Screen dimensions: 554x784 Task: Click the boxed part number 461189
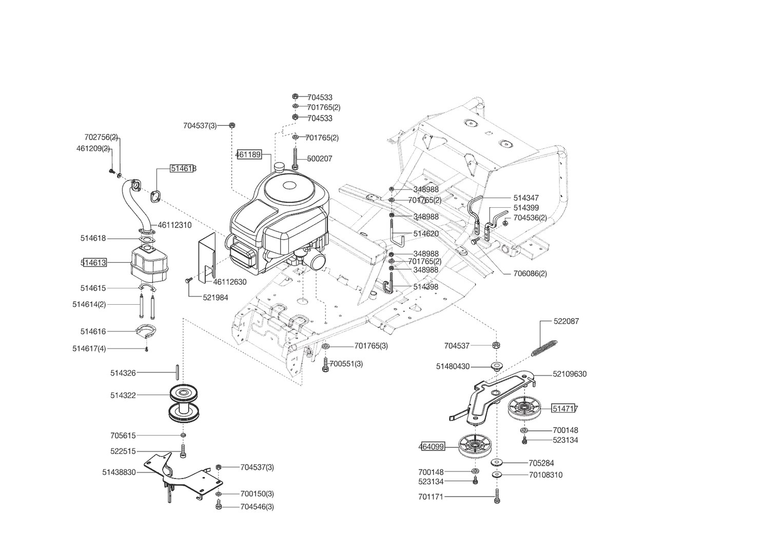tap(249, 154)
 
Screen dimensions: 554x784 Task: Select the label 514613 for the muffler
tap(94, 263)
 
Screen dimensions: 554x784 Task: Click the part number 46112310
tap(174, 225)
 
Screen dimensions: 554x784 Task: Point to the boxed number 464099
tap(432, 447)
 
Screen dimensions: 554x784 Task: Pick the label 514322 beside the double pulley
tap(123, 395)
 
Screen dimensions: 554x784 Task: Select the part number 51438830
tap(119, 472)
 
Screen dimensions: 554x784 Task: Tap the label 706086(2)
tap(530, 273)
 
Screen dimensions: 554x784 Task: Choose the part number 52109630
tap(570, 374)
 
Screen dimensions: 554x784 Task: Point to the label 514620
tap(426, 234)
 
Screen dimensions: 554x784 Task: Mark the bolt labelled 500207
tap(295, 158)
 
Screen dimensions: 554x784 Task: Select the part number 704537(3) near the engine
tap(200, 126)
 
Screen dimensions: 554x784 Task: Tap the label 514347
tap(526, 198)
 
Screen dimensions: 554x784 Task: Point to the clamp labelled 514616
tap(146, 331)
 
